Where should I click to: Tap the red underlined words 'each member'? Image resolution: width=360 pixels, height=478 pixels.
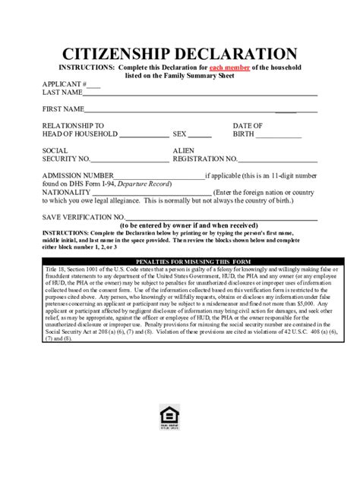point(231,68)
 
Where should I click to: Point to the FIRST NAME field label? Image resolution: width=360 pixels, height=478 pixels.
point(64,109)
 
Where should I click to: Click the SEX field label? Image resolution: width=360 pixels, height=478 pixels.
point(180,134)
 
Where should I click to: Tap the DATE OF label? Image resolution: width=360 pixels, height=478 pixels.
point(248,125)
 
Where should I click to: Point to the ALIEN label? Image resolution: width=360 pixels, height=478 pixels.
point(185,150)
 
